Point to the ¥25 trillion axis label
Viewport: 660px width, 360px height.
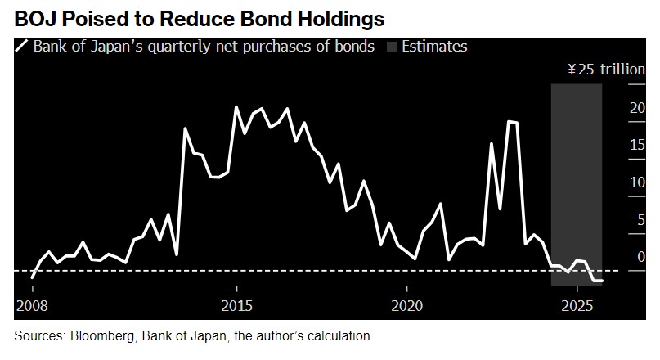(606, 70)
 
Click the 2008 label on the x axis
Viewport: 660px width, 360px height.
(31, 306)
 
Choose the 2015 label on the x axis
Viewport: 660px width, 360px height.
(236, 306)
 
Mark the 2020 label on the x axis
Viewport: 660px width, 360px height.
(406, 306)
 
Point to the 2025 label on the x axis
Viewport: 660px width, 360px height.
(577, 306)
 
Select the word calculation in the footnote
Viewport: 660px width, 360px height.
(338, 335)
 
